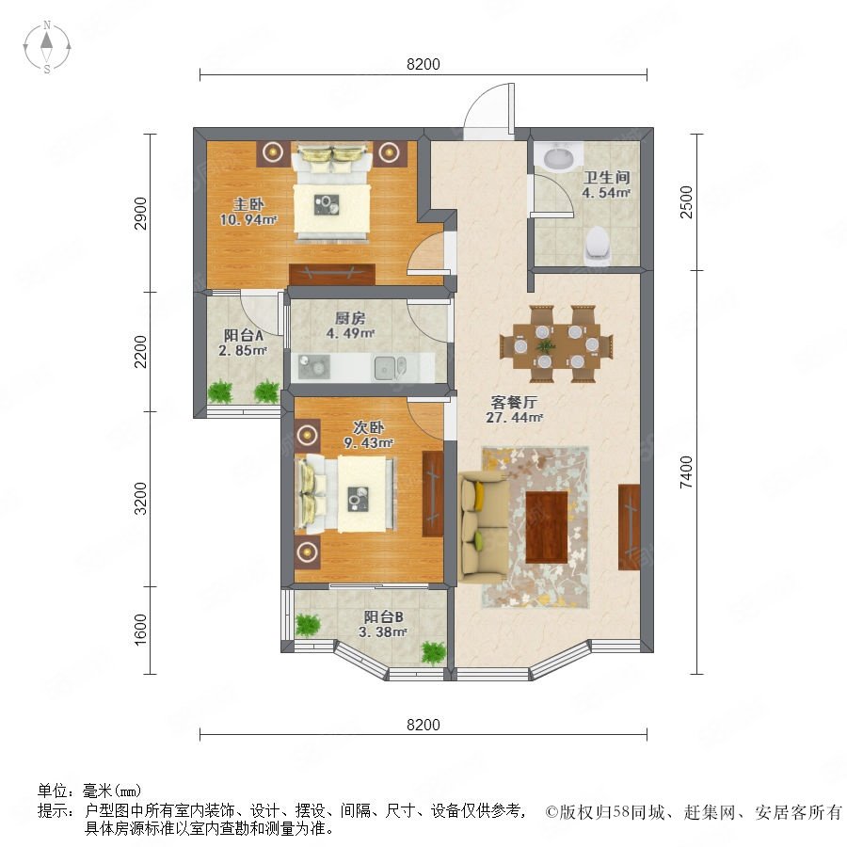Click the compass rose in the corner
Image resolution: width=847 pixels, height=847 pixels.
point(47,47)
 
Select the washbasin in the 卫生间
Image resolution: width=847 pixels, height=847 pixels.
point(558,156)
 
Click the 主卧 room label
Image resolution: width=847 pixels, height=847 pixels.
point(248,204)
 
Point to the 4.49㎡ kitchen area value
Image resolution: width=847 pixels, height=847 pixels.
point(350,333)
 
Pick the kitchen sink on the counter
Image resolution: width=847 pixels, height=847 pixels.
point(389,367)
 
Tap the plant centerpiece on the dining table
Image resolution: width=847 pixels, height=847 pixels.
point(546,345)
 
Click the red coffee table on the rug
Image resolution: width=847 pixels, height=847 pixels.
point(546,527)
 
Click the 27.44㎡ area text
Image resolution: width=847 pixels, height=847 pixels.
point(514,418)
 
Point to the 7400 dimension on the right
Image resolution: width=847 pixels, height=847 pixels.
point(686,472)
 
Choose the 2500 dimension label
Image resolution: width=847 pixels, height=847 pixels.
point(686,201)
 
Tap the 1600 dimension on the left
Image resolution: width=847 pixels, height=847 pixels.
point(140,630)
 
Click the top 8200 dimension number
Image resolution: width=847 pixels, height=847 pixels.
point(423,64)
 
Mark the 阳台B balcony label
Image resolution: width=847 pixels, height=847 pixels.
point(383,616)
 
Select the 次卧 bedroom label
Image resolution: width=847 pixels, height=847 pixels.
point(368,427)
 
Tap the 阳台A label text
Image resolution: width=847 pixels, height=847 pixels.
point(243,335)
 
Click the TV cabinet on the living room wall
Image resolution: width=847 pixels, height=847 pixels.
point(629,527)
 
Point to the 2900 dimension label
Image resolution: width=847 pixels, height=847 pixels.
point(140,214)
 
